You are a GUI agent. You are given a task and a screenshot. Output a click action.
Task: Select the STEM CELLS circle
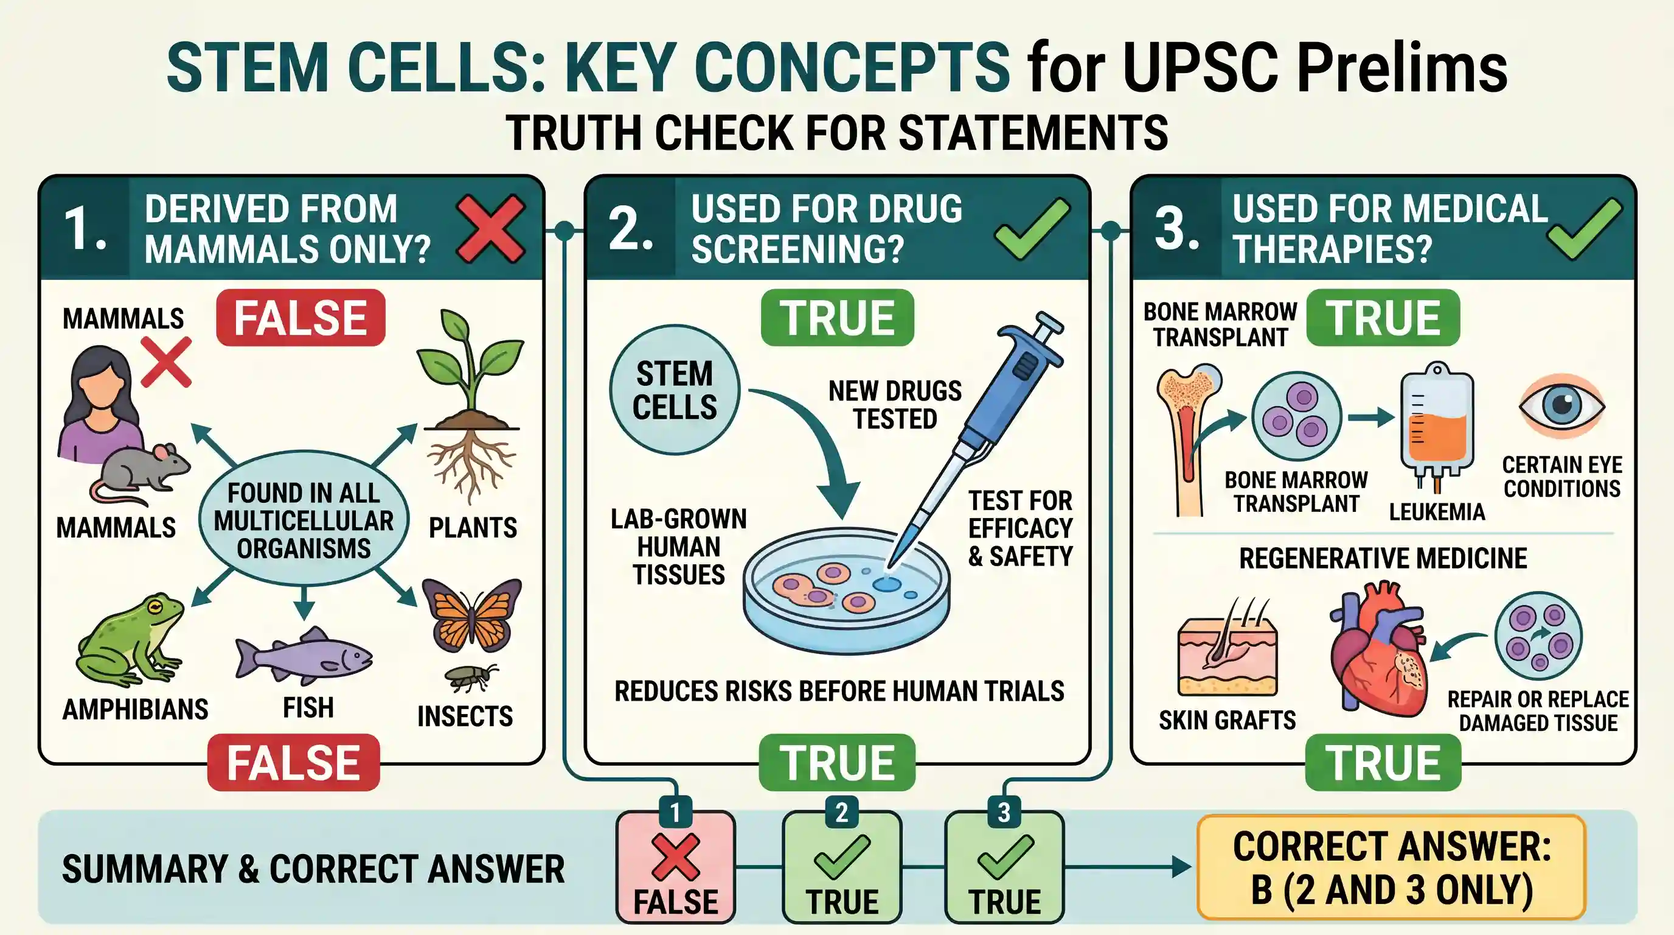tap(675, 390)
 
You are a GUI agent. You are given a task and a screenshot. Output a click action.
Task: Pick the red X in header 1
tap(491, 229)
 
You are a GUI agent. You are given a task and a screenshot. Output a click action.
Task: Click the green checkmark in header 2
tap(1032, 228)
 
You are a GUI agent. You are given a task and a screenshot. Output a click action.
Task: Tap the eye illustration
tap(1561, 406)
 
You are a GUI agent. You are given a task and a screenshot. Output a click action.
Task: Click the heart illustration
tap(1378, 650)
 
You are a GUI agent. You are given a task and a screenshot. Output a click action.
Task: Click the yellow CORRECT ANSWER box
tap(1391, 867)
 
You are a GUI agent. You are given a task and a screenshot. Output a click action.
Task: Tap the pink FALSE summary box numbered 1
tap(676, 867)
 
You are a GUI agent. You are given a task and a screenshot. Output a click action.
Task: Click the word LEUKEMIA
tap(1437, 513)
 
